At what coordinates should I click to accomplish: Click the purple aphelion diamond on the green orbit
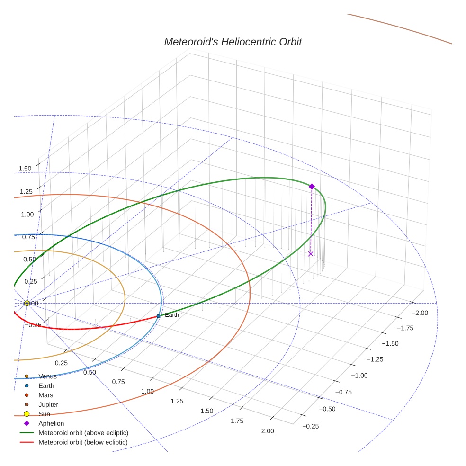312,187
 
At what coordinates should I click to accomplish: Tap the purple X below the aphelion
311,254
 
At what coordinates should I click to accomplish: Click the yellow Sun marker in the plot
27,303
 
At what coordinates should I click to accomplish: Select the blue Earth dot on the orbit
158,316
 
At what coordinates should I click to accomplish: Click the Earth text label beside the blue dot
171,315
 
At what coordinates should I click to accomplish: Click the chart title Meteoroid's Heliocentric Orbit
233,42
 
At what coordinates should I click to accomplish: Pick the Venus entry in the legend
47,376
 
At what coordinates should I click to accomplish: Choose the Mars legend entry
45,395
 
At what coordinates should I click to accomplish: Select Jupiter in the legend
48,404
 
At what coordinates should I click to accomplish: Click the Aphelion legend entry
51,423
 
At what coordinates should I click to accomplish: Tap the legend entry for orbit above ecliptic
83,433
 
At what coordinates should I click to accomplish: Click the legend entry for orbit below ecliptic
83,442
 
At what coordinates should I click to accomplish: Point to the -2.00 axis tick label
420,313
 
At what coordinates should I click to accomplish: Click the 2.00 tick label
268,430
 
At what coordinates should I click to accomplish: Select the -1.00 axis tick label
358,376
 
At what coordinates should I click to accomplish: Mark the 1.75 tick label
237,421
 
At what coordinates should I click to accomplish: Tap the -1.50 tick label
389,344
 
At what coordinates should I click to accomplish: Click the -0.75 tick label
343,392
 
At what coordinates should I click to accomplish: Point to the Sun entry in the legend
44,414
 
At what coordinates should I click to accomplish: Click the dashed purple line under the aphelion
311,220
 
